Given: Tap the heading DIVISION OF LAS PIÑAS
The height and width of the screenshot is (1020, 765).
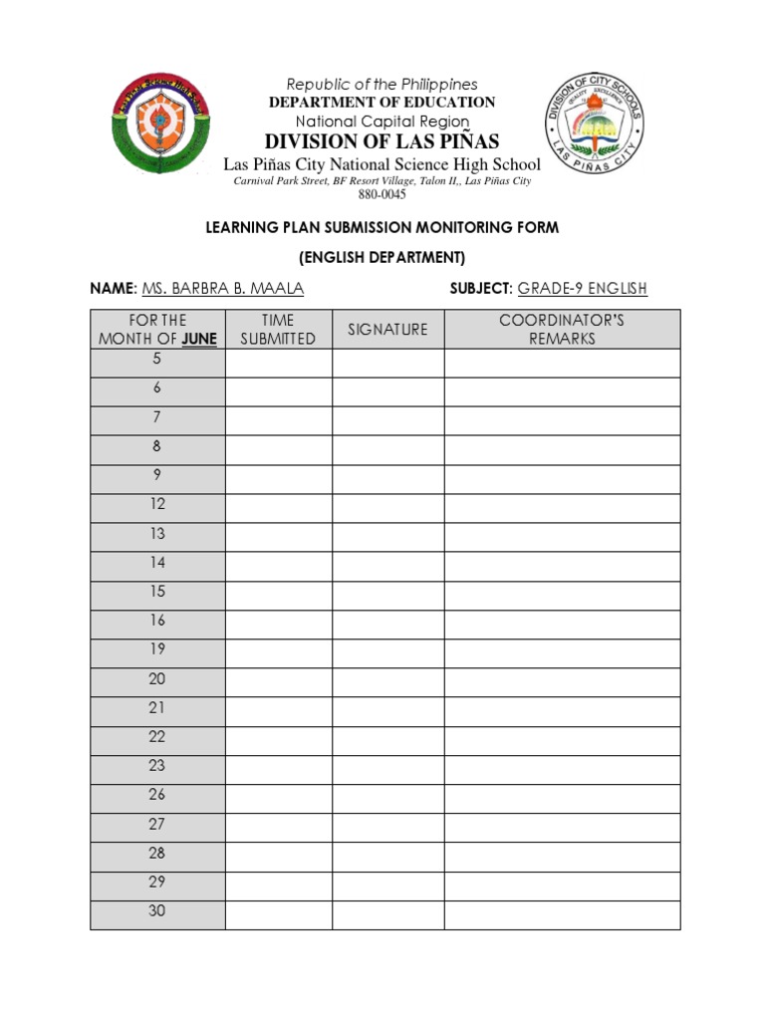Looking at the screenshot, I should point(382,140).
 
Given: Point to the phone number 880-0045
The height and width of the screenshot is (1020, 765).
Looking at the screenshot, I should point(382,195).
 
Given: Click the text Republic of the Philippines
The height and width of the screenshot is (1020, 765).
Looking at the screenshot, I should point(382,85).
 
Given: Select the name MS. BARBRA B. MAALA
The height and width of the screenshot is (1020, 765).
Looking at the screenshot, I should point(223,289).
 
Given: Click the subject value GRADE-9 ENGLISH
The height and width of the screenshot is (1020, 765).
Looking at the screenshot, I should point(582,289).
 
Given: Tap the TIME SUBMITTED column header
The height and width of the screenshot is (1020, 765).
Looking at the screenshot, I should point(278,330).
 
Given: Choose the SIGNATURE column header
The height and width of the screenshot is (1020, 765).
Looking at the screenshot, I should point(387,330).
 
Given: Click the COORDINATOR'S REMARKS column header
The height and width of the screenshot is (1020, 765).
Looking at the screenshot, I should point(562,330).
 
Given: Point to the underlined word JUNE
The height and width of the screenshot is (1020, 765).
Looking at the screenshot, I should point(199,339).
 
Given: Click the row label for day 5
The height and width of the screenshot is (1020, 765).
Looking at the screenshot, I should point(156,360).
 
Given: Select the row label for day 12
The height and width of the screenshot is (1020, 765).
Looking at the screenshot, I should point(157,505).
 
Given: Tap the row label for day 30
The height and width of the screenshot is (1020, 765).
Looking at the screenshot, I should point(157,911).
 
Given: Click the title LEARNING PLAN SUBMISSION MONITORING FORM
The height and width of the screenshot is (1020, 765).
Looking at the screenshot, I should point(382,228).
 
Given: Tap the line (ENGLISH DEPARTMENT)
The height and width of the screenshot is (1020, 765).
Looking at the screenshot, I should point(382,258).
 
